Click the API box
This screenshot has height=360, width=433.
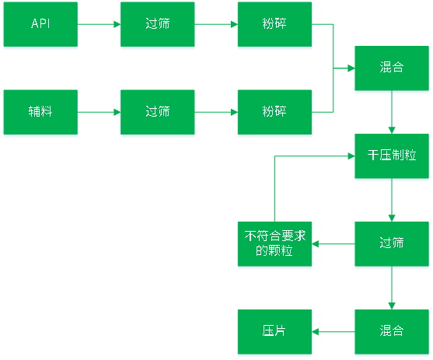click(x=40, y=24)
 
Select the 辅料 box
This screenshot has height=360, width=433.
click(x=40, y=112)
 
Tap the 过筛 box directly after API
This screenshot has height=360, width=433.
click(x=157, y=24)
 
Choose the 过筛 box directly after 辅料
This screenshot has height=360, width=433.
click(x=157, y=112)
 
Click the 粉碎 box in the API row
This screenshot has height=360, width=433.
click(x=274, y=24)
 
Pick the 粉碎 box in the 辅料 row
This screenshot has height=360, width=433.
click(x=274, y=112)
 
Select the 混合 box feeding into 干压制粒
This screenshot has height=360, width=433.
click(x=392, y=68)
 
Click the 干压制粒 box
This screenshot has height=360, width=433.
click(x=392, y=156)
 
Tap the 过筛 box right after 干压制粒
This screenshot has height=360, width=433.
click(x=392, y=243)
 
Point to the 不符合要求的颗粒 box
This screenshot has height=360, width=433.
click(x=274, y=243)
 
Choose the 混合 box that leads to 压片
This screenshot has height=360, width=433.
click(x=392, y=331)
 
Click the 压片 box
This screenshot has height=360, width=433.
click(x=274, y=331)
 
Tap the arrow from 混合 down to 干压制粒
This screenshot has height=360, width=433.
click(x=392, y=112)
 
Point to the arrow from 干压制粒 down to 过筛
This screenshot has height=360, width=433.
click(x=392, y=200)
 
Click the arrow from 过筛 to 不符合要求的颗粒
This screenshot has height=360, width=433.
click(x=333, y=243)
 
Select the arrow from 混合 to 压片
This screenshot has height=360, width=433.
click(x=333, y=331)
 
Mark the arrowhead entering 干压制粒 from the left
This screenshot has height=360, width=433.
click(x=351, y=156)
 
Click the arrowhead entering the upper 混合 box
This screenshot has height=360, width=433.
click(x=351, y=68)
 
